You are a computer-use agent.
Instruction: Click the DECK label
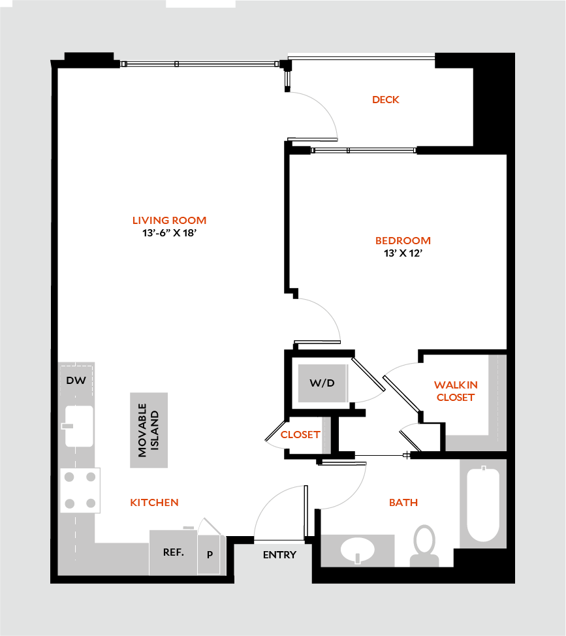click(385, 100)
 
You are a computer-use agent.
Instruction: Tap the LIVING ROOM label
click(169, 221)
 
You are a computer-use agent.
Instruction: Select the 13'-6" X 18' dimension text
click(169, 233)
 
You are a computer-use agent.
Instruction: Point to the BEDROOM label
click(403, 240)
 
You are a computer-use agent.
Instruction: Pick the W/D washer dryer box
click(322, 383)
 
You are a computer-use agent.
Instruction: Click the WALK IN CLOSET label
click(456, 390)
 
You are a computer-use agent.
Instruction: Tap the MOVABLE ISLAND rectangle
click(149, 430)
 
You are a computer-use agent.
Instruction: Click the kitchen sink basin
click(79, 426)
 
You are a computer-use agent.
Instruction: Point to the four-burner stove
click(80, 490)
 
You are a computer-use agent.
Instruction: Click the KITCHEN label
click(154, 502)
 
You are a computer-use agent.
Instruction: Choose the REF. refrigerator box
click(173, 552)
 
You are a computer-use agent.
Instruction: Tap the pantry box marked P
click(210, 555)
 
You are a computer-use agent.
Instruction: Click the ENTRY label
click(279, 555)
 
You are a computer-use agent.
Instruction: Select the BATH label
click(403, 502)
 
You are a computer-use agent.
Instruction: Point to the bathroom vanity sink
click(358, 549)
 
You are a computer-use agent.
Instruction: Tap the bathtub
click(483, 503)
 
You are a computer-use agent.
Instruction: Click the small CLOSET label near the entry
click(300, 434)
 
